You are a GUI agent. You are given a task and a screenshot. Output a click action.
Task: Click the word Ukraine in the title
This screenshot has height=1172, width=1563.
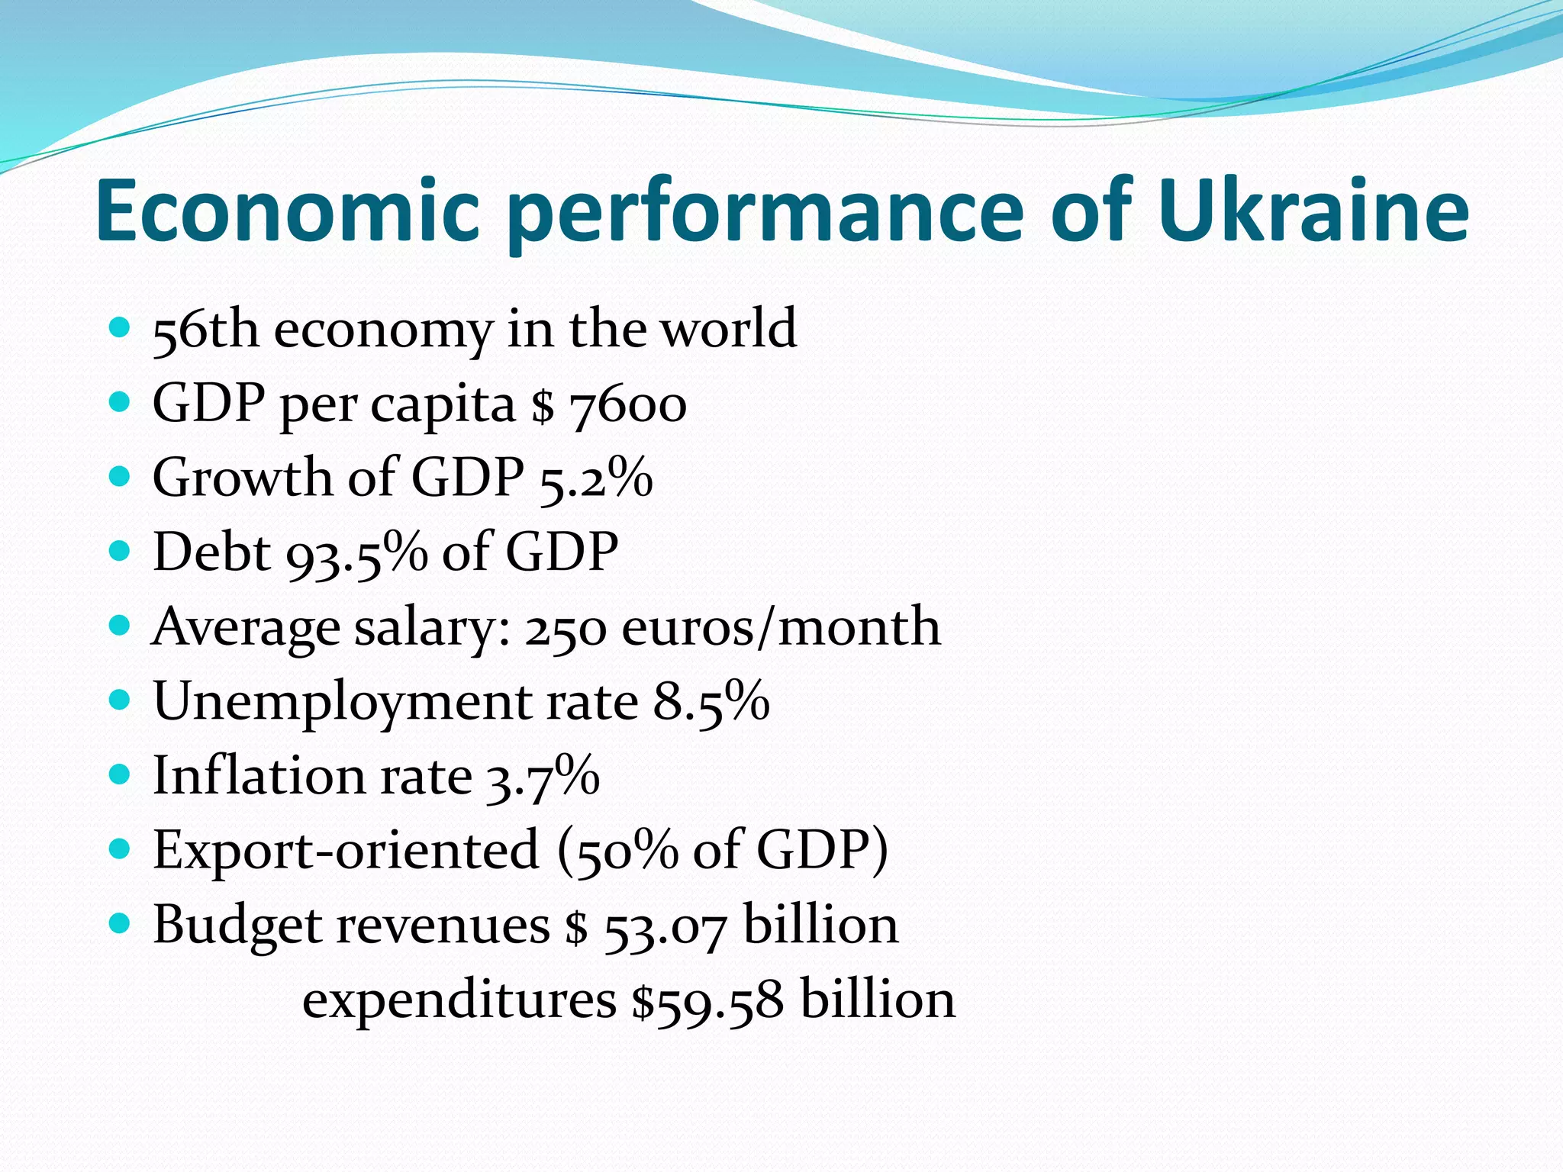coord(1312,210)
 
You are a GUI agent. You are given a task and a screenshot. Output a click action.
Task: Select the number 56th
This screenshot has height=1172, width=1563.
coord(205,330)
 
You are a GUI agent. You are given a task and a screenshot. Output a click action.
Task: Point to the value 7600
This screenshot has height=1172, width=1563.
coord(628,404)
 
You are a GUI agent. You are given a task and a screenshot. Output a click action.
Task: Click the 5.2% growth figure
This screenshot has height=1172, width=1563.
coord(596,478)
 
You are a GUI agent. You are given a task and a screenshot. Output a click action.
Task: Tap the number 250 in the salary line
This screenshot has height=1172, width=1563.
coord(566,628)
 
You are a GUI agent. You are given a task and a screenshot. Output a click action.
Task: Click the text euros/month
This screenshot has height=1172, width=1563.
coord(781,628)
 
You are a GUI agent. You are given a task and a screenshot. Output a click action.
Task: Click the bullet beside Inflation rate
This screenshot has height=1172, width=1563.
coord(120,775)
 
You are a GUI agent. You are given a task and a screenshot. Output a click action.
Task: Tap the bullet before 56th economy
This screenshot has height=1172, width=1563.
coord(120,328)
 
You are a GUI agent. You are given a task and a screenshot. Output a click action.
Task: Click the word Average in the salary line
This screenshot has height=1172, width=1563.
coord(245,628)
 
